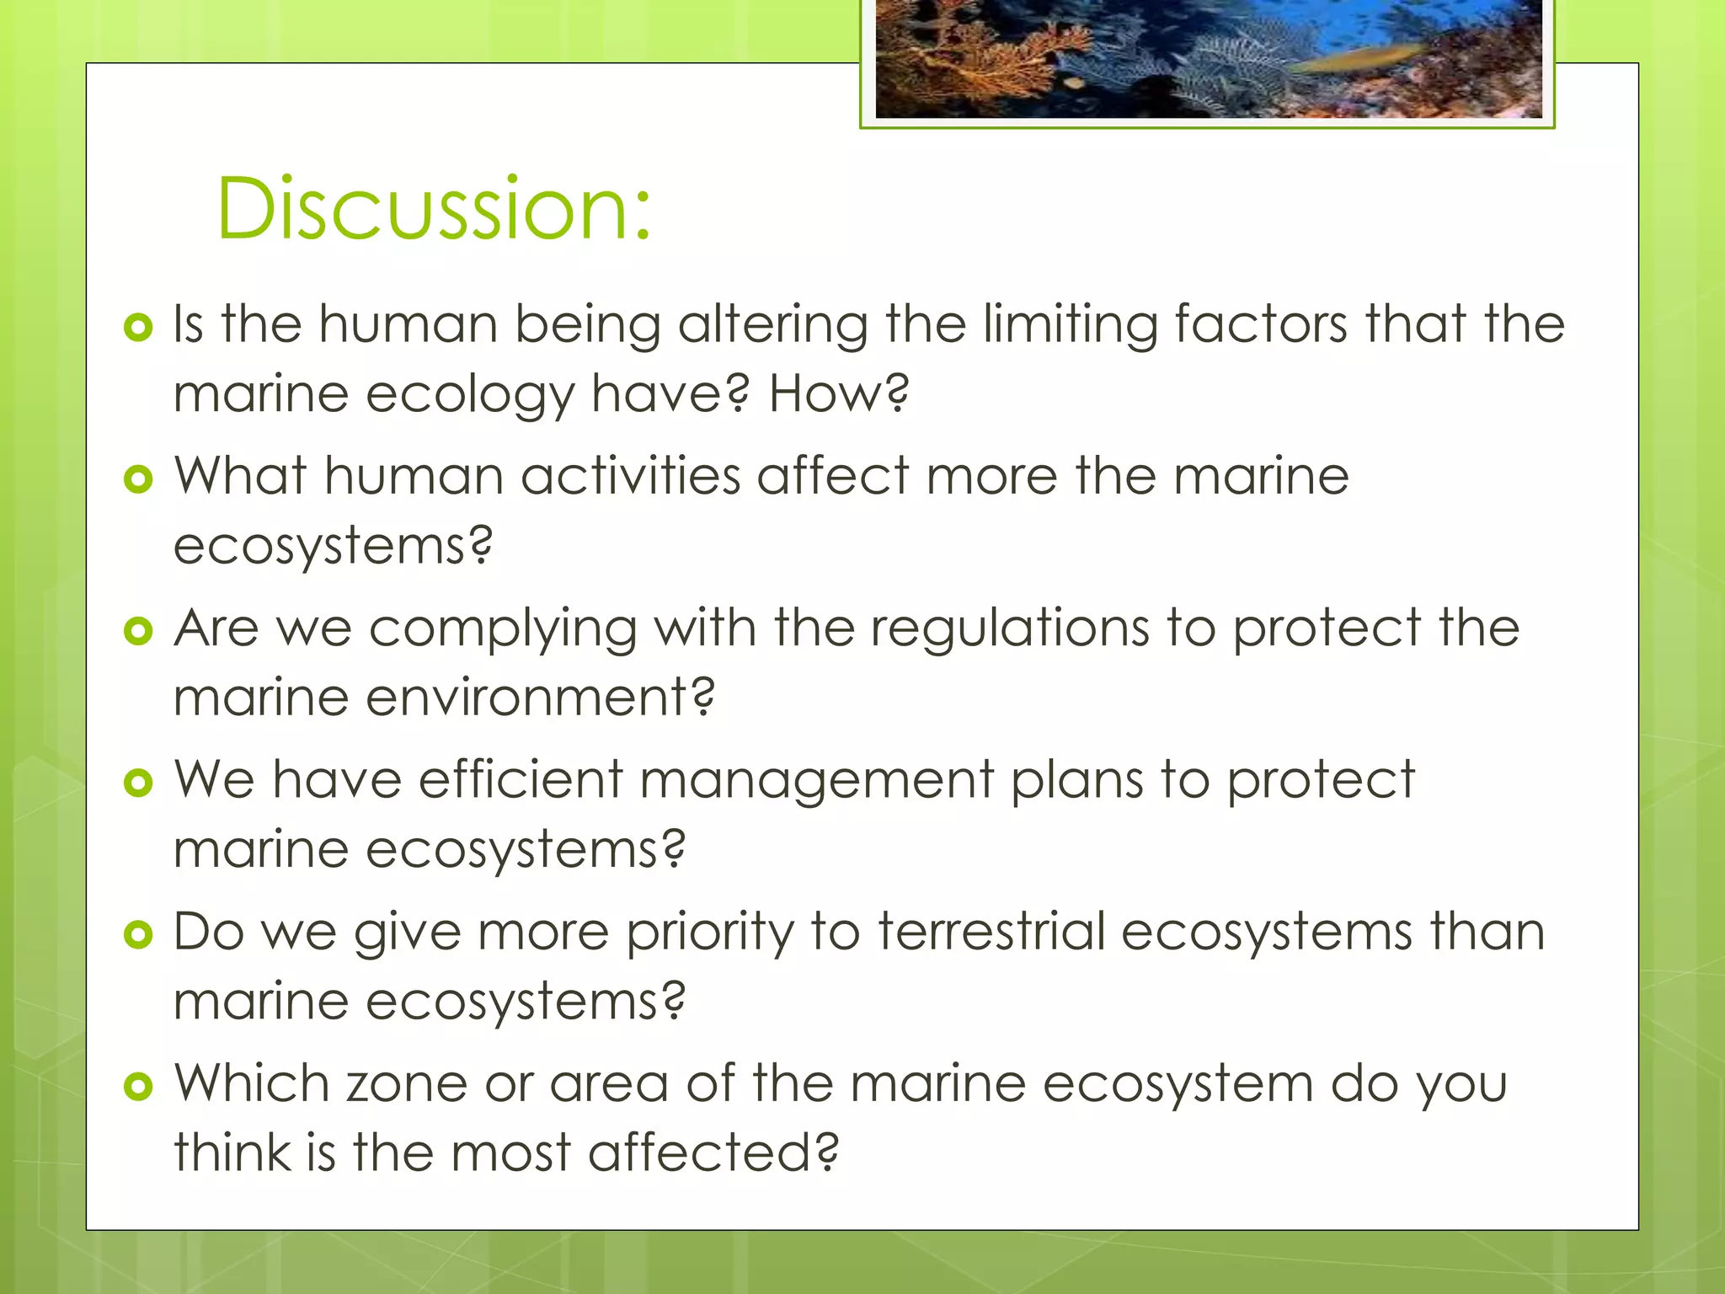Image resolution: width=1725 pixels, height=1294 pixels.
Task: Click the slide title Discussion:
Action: (434, 207)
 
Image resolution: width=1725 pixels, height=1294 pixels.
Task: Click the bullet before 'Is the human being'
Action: (138, 327)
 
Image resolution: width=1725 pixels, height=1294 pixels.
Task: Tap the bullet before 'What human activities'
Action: (138, 479)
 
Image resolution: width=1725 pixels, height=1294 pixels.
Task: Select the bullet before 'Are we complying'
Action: (138, 631)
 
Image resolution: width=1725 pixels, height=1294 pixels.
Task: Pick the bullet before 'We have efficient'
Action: (138, 783)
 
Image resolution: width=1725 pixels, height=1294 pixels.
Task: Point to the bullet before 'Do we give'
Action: (138, 934)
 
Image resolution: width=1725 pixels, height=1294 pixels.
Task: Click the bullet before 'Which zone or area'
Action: (138, 1086)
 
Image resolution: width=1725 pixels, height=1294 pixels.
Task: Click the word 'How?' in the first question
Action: (839, 393)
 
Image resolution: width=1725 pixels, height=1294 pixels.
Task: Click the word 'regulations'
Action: (1009, 629)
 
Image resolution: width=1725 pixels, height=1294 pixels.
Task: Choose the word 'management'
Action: (816, 780)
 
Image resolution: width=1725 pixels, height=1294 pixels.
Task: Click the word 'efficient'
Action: (520, 780)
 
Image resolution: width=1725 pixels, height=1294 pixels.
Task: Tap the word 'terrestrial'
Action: (991, 933)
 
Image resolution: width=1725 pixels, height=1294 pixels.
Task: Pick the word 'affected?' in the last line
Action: (713, 1152)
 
